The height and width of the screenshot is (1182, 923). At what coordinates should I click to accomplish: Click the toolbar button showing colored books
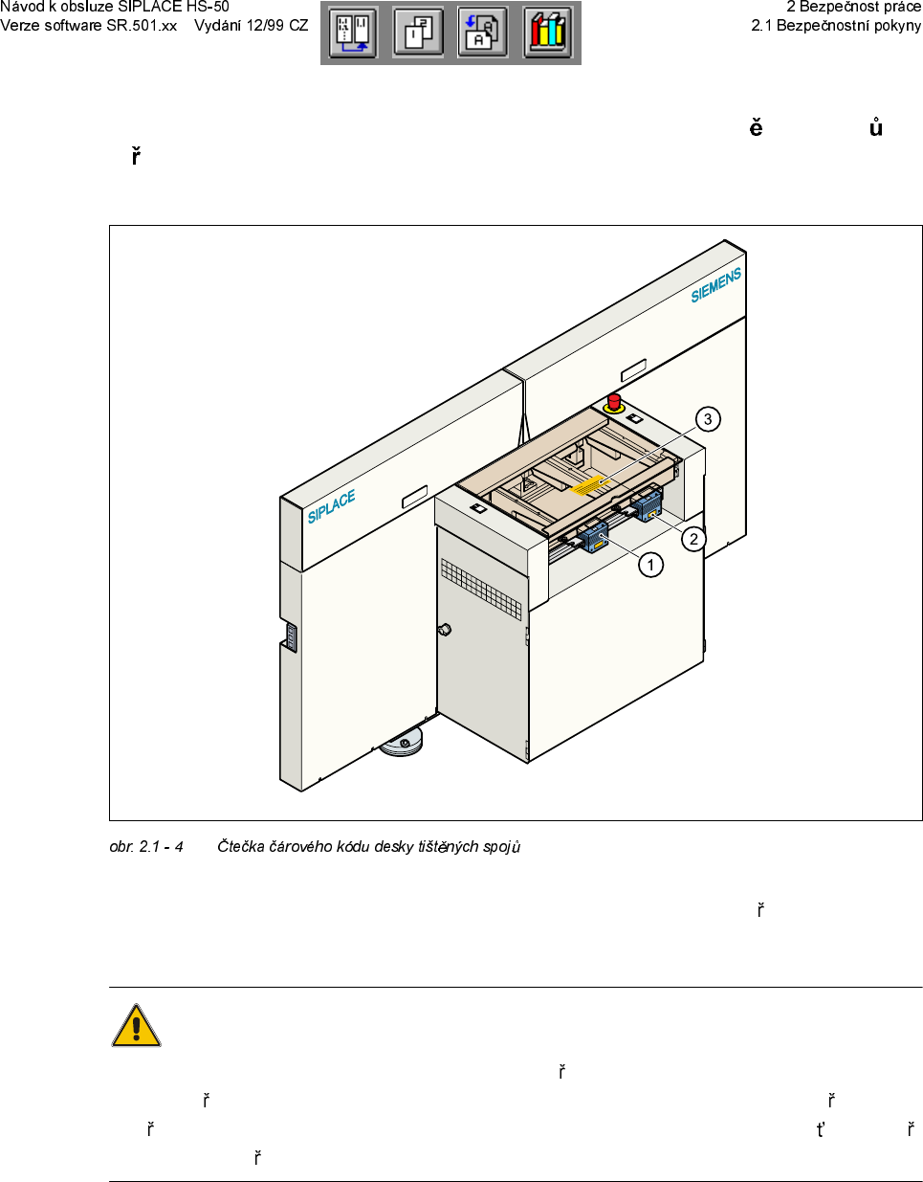tap(547, 33)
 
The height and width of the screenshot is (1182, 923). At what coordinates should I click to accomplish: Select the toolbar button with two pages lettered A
tap(482, 33)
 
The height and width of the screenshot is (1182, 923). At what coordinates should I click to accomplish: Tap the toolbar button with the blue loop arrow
tap(353, 33)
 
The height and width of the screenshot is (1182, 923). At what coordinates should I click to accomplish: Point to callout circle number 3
tap(708, 419)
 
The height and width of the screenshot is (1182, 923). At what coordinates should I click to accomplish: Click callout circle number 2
tap(694, 539)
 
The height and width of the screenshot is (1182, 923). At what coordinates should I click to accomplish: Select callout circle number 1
tap(651, 566)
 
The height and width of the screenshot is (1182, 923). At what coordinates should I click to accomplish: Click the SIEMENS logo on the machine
tap(716, 285)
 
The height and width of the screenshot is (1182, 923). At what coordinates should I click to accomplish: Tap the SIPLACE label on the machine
tap(331, 506)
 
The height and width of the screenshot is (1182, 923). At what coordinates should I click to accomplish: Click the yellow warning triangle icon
tap(136, 1026)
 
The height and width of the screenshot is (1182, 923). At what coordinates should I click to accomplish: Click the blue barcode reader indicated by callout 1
tap(592, 535)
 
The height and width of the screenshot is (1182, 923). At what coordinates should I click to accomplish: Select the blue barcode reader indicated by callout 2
tap(647, 503)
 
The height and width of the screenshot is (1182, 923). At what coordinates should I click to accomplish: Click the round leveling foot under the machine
tap(402, 744)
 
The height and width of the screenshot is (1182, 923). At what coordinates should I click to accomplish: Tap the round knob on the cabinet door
tap(444, 630)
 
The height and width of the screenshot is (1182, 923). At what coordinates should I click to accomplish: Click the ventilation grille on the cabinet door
tap(481, 590)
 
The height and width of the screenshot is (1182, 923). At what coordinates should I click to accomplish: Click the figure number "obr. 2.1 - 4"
tap(146, 847)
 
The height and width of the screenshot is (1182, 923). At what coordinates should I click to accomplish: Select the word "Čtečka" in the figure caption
tap(240, 847)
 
